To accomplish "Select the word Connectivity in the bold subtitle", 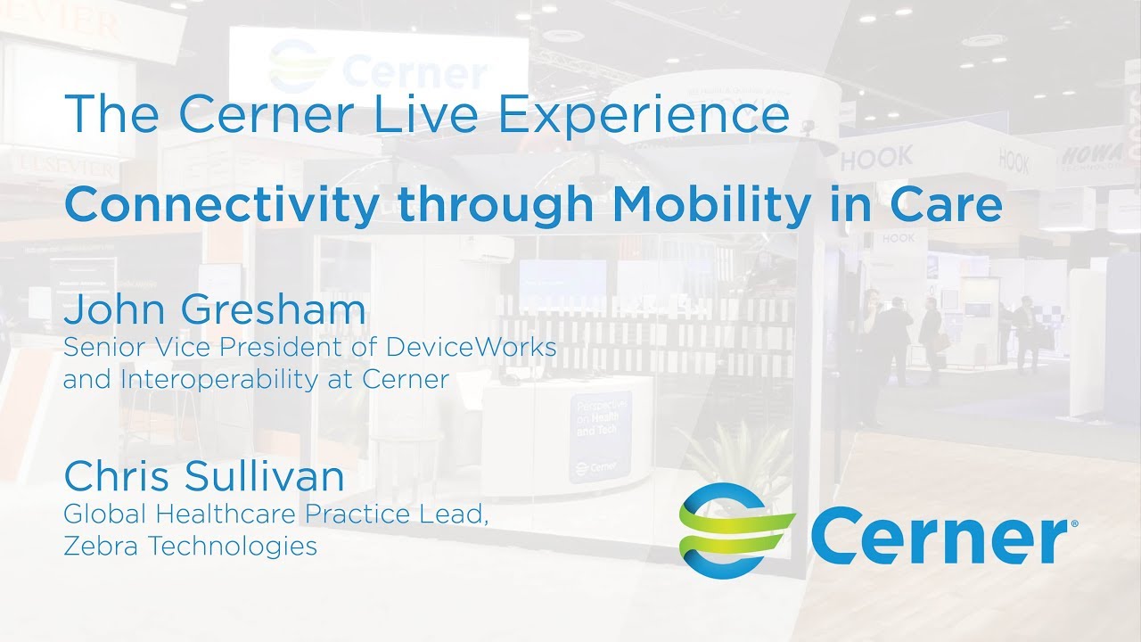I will [221, 205].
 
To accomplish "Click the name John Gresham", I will [214, 310].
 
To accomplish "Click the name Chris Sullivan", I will [203, 477].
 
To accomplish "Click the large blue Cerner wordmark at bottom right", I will [936, 535].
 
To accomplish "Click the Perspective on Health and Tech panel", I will [599, 434].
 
